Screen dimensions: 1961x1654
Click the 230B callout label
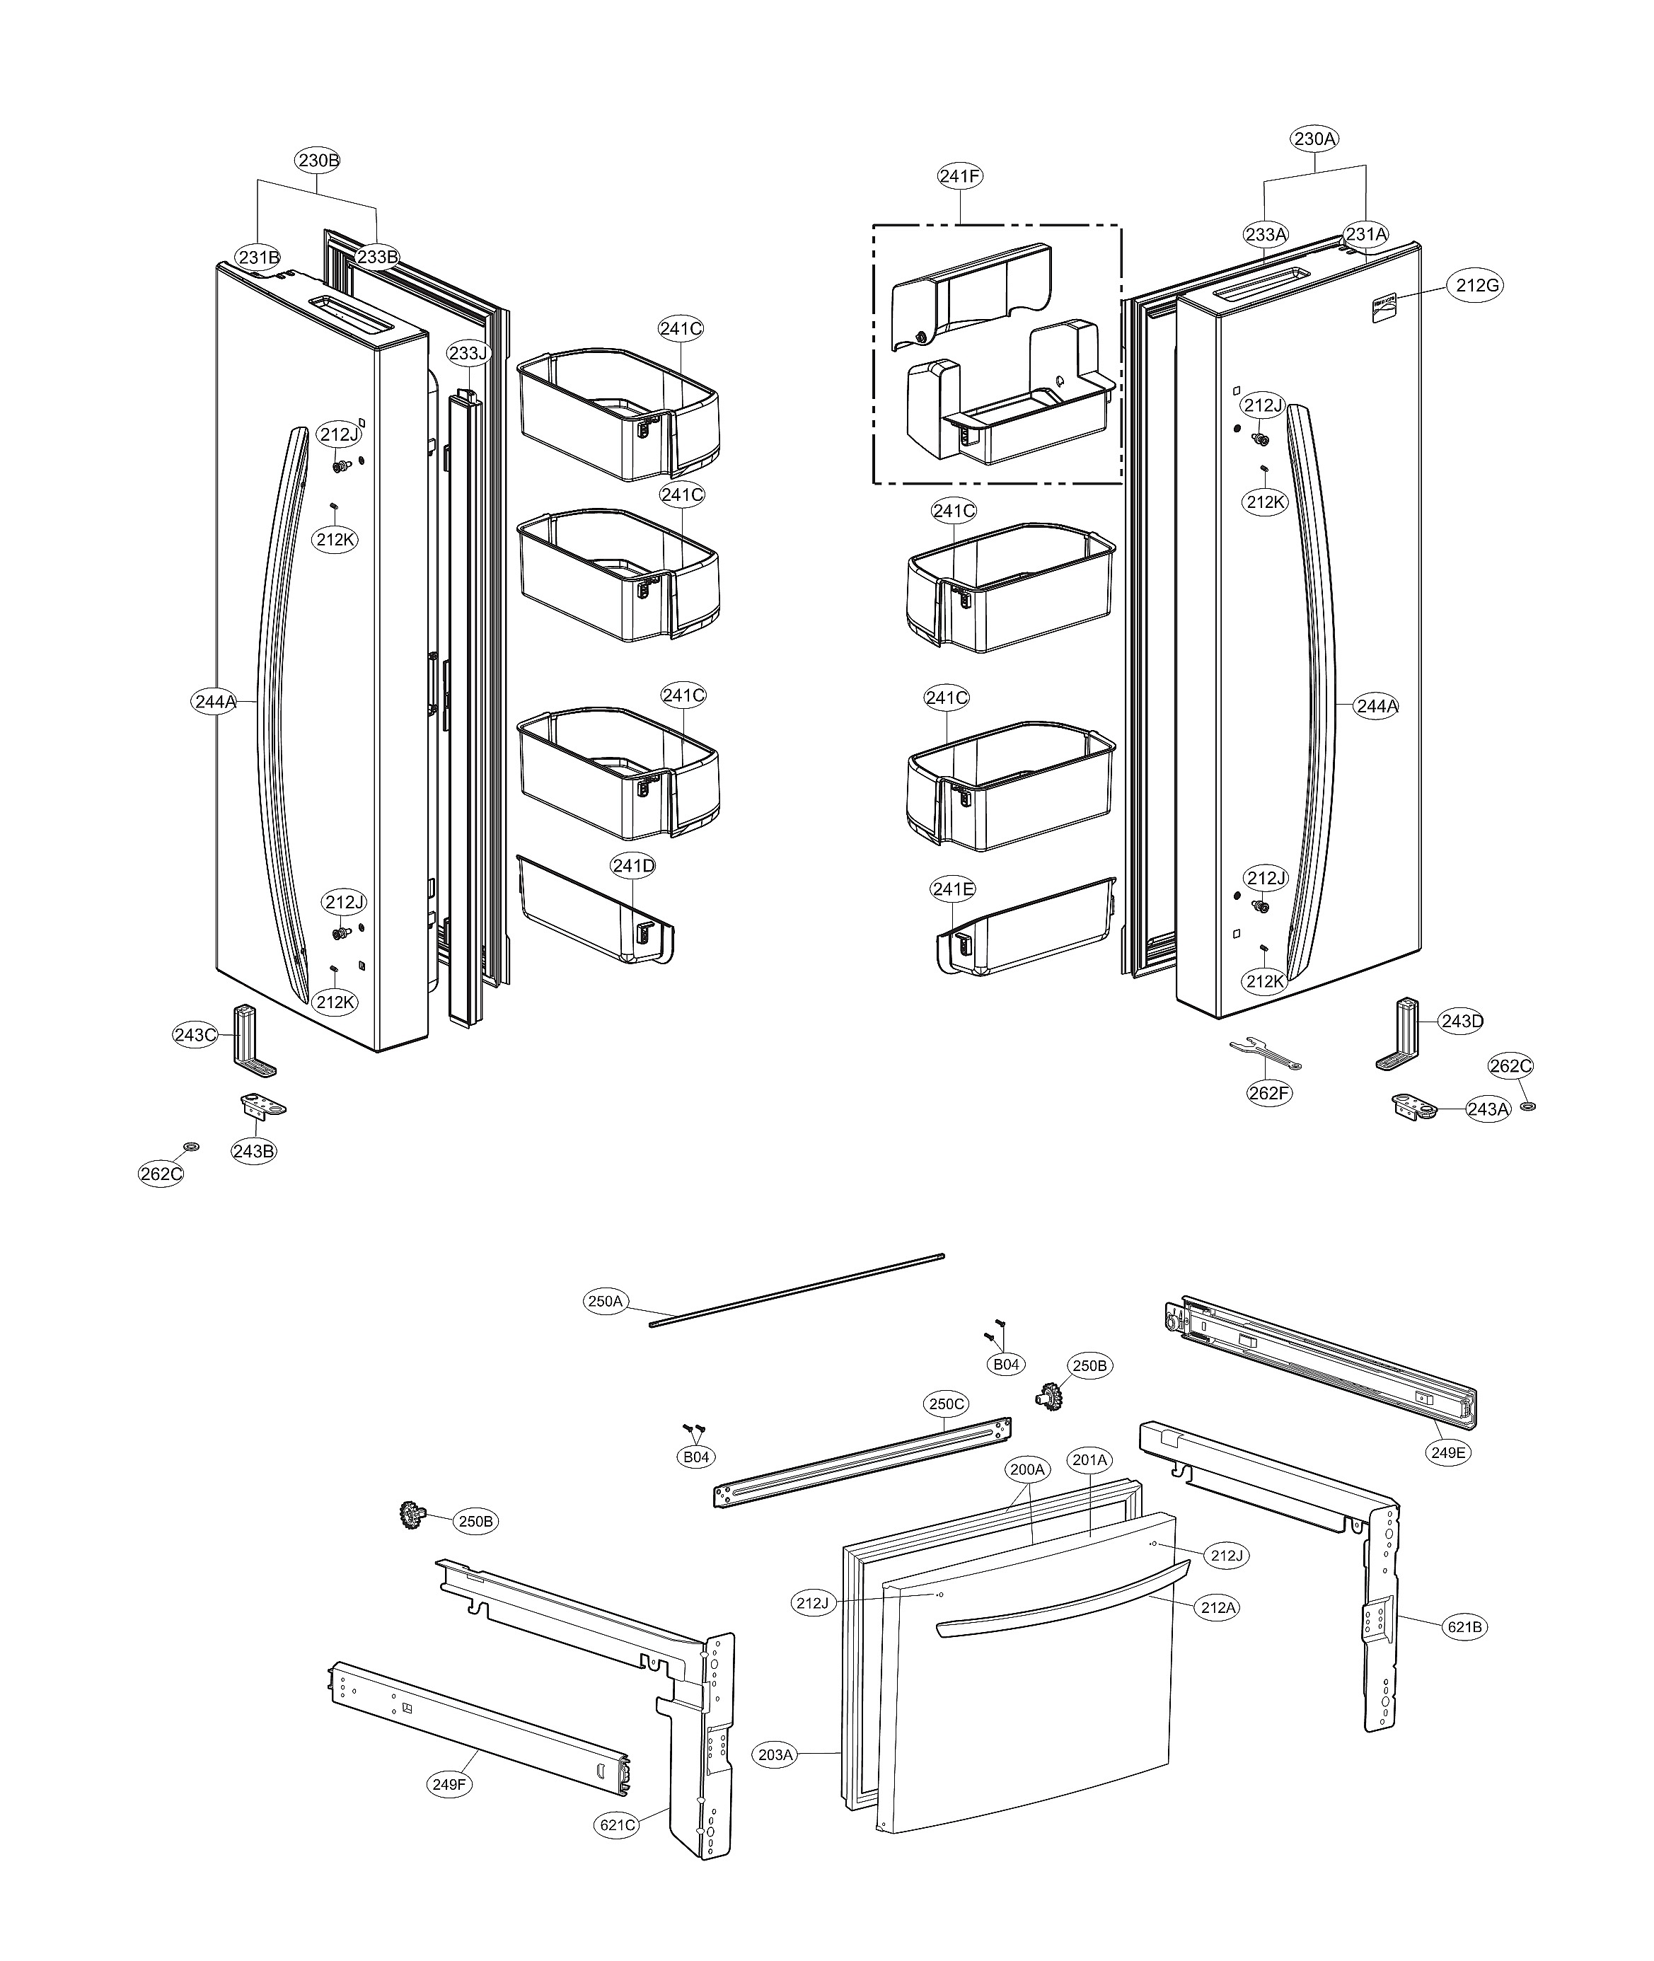318,161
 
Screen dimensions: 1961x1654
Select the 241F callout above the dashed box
959,175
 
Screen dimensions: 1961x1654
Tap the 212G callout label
1477,285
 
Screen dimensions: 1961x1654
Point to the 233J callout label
468,354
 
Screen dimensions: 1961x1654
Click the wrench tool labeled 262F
1265,1053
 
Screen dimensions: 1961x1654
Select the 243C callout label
196,1035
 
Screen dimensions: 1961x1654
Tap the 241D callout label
633,865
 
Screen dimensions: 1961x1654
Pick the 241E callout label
953,889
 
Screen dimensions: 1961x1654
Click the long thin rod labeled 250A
797,1289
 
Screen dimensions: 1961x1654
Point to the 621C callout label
617,1825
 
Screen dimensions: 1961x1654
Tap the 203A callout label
775,1754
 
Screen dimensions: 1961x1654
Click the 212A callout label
1218,1607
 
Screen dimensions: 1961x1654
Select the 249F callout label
449,1784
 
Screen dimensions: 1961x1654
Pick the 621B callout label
1464,1626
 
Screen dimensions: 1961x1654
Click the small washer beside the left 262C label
191,1147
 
